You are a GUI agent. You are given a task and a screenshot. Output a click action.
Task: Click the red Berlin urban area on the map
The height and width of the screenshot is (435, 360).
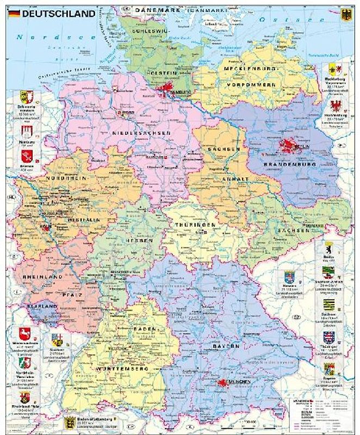(288, 146)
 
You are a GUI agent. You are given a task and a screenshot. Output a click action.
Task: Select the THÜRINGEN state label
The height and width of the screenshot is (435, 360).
(196, 224)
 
